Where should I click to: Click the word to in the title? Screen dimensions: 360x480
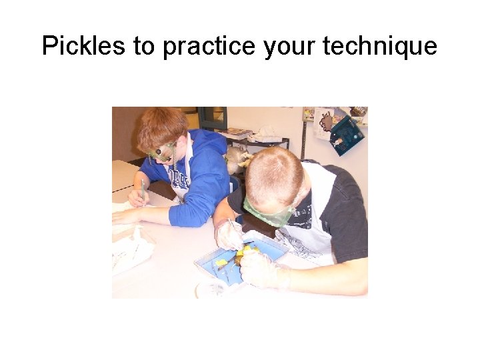click(142, 47)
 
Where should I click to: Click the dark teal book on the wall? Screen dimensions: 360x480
click(347, 135)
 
